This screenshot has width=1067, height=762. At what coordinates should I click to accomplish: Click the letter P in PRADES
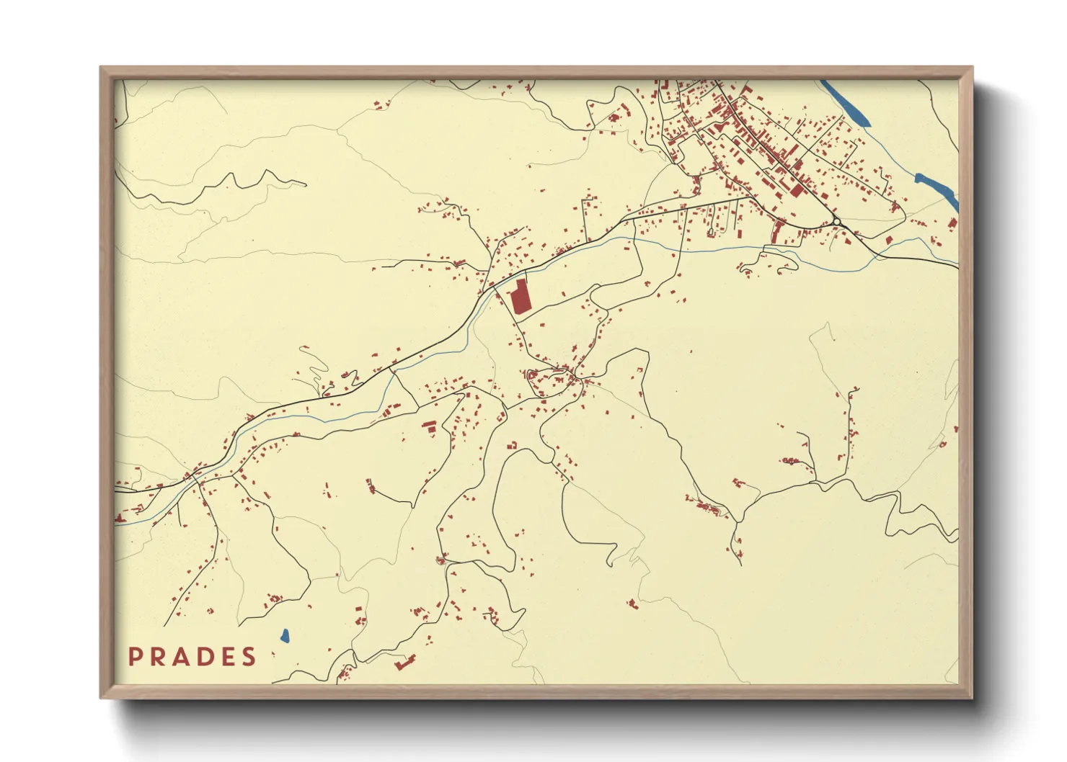pyautogui.click(x=135, y=657)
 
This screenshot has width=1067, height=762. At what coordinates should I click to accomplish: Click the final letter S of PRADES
pyautogui.click(x=249, y=657)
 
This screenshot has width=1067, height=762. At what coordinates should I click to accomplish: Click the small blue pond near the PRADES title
pyautogui.click(x=285, y=636)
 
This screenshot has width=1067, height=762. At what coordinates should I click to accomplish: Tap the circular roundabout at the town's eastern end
pyautogui.click(x=837, y=222)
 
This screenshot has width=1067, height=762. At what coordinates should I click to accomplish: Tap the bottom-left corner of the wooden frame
pyautogui.click(x=102, y=696)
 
